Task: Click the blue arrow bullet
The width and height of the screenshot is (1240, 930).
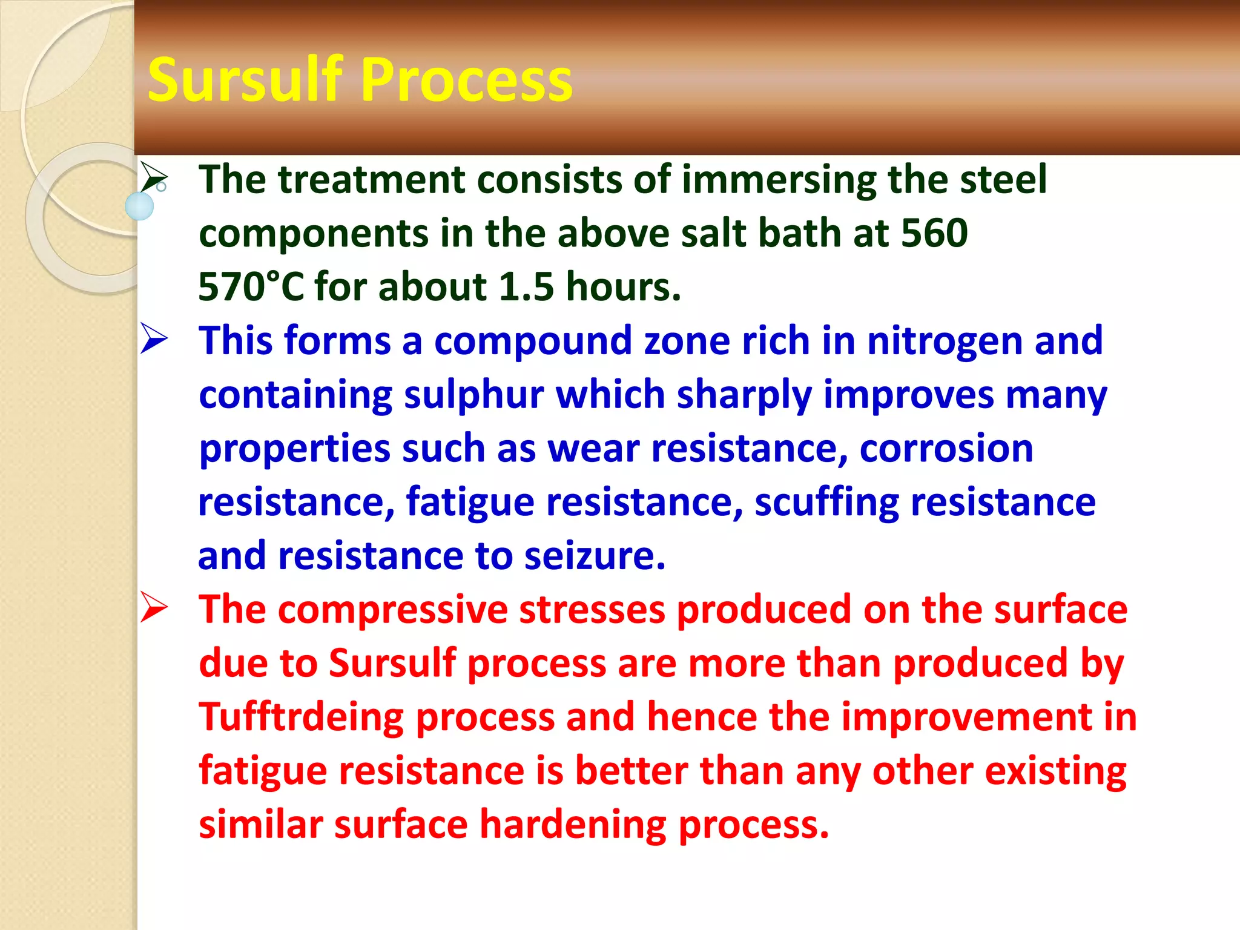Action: point(154,338)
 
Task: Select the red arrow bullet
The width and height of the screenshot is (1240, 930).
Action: point(154,607)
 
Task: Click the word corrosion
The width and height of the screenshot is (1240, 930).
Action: point(946,449)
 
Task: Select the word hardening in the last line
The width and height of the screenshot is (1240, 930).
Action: point(573,825)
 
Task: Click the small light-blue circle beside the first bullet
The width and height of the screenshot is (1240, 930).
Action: point(139,206)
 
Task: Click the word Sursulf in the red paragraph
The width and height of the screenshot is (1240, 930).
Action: point(392,663)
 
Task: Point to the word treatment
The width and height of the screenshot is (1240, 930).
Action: point(371,180)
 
